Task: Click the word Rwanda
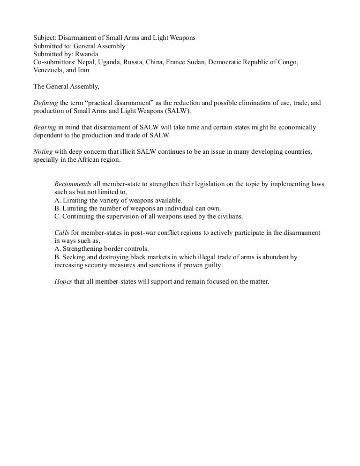[x=86, y=54]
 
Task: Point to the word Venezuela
[x=49, y=70]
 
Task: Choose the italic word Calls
[x=62, y=233]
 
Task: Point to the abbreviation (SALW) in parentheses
[x=177, y=111]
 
